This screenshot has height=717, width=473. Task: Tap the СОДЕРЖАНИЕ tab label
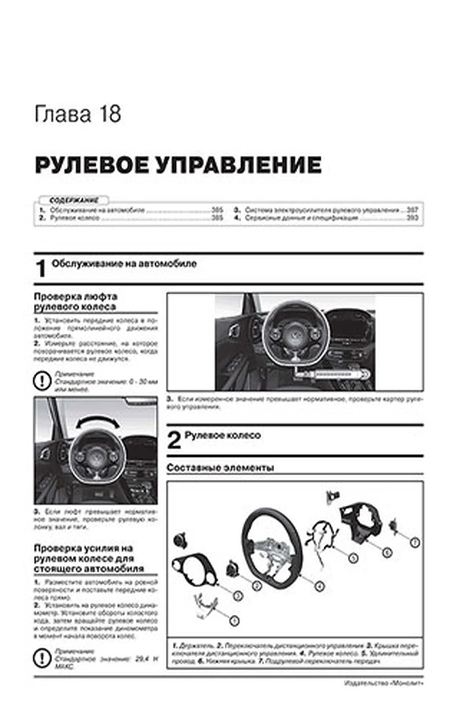74,200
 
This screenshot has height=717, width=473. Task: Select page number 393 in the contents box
412,218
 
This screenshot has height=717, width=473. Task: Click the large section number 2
174,441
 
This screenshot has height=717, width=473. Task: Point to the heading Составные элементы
220,468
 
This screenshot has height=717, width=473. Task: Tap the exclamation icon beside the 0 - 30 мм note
41,381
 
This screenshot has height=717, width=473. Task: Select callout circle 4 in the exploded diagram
319,586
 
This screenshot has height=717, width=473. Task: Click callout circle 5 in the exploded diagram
353,558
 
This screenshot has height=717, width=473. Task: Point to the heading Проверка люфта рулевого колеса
75,302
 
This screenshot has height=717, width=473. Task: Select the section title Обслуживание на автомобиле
124,264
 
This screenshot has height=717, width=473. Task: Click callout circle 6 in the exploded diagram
387,552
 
